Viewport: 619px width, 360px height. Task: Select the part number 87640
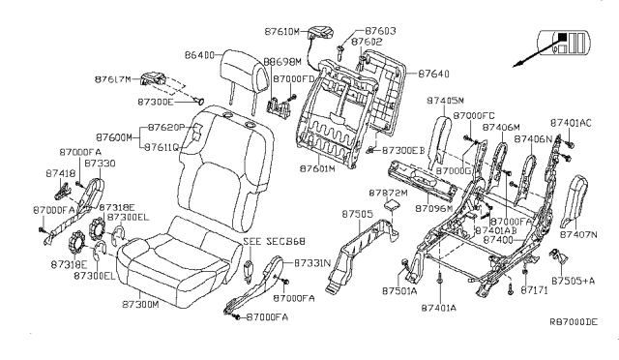pyautogui.click(x=433, y=73)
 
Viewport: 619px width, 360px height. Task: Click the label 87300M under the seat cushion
pyautogui.click(x=140, y=304)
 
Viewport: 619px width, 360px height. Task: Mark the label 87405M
pyautogui.click(x=445, y=100)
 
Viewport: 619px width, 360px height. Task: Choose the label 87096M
pyautogui.click(x=435, y=209)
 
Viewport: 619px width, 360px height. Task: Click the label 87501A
pyautogui.click(x=398, y=290)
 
